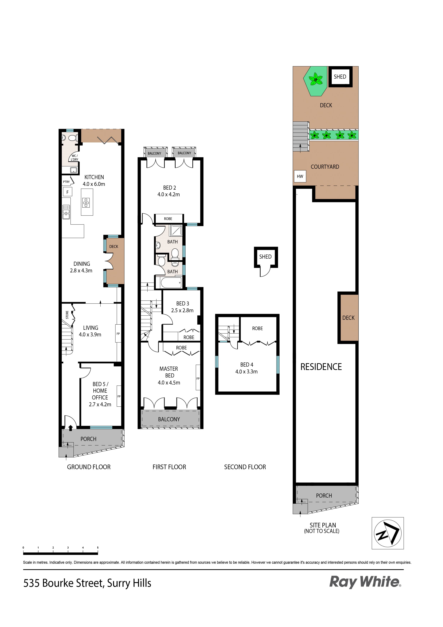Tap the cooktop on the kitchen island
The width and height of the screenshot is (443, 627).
86,203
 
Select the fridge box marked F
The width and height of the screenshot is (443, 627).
67,192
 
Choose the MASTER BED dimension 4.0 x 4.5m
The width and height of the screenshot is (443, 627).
169,383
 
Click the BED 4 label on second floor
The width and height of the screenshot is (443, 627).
247,365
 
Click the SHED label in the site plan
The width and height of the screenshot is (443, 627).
340,77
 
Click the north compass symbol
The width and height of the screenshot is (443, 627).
388,533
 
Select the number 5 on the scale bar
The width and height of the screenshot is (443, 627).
98,547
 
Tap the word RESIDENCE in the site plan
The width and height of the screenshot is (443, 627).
321,367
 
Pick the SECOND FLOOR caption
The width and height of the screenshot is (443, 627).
245,467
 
